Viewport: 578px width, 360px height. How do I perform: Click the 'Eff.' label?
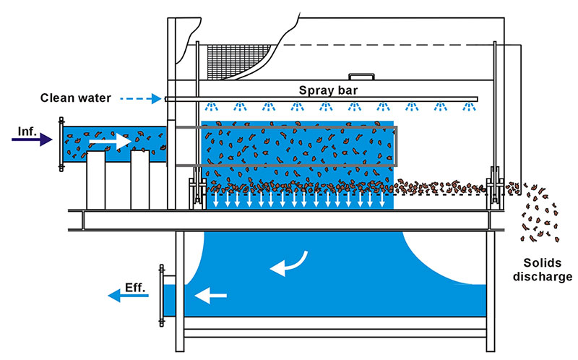click(135, 287)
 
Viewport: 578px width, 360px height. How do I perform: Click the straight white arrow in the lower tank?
click(212, 295)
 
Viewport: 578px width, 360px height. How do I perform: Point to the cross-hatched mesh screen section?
click(231, 54)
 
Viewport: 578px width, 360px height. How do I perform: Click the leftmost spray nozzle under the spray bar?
click(210, 108)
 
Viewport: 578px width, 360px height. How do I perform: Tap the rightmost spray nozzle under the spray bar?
click(470, 108)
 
